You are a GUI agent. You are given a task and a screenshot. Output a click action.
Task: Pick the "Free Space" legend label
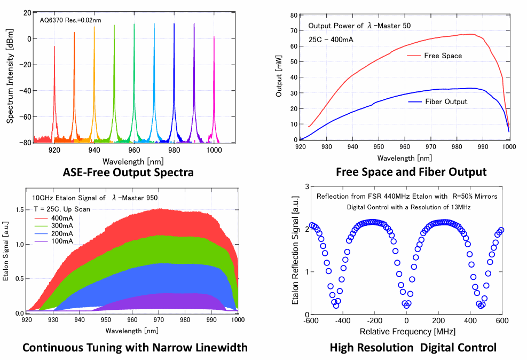click(x=443, y=56)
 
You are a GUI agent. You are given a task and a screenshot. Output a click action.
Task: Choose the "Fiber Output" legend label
click(x=445, y=101)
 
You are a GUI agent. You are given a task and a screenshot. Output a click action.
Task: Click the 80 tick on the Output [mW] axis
click(x=294, y=15)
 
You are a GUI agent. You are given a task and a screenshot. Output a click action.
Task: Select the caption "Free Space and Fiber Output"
click(x=411, y=172)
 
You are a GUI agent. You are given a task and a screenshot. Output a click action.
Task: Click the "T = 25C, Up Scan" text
click(x=59, y=209)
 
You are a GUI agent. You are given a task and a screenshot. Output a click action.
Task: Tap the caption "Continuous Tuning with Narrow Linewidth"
click(x=135, y=348)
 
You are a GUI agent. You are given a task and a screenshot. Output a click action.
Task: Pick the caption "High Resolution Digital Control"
click(x=413, y=348)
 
